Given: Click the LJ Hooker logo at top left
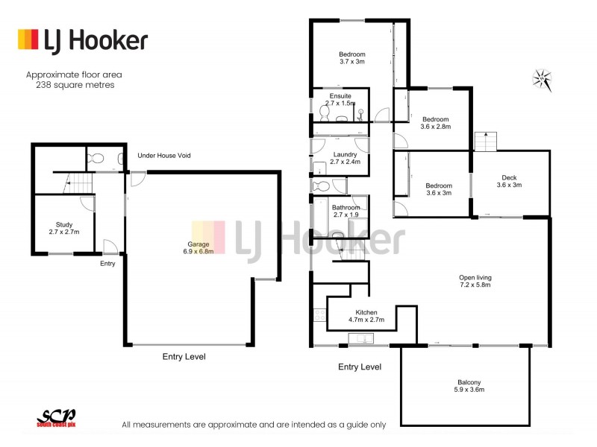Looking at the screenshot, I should coord(82,40).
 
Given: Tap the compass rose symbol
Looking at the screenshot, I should coord(543,77).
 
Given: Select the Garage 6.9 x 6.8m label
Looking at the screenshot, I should coord(199,247).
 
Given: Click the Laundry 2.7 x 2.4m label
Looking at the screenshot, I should coord(346,158).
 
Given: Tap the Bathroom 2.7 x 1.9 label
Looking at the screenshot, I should coord(346,211).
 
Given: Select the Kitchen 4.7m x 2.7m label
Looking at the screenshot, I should coord(366,316).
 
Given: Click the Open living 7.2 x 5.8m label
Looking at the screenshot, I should coord(475,282).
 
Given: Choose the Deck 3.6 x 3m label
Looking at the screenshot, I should coord(509,181).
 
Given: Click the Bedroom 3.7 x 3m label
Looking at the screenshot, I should coord(351,58).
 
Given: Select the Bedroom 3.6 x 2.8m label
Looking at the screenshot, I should coord(435,123).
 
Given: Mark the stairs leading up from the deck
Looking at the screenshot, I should coord(486,140).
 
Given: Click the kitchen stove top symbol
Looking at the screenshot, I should coord(319,315).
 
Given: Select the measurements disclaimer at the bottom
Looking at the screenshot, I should coord(254,425).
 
